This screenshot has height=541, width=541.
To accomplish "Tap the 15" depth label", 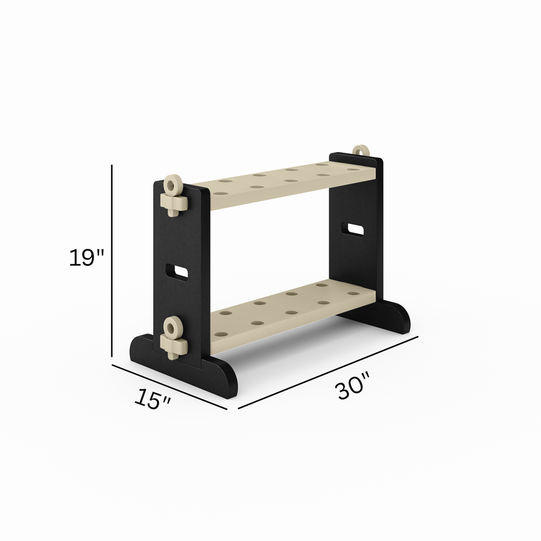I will click(x=152, y=398).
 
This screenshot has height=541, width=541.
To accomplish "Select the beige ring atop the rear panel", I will click(x=360, y=152).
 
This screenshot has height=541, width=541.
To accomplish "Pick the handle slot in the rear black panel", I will click(x=352, y=229).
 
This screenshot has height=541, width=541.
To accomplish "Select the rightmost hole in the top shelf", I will click(x=353, y=170).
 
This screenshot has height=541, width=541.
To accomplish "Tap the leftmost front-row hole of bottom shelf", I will click(x=221, y=334).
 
